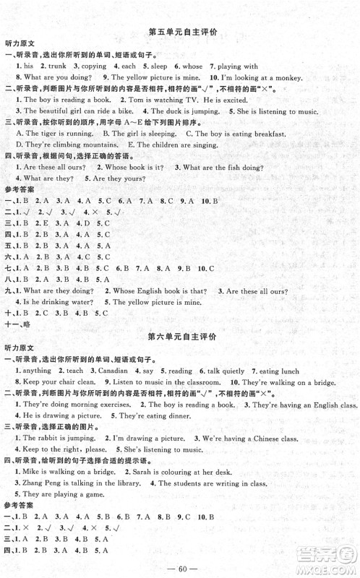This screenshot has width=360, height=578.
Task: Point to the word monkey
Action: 322,77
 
